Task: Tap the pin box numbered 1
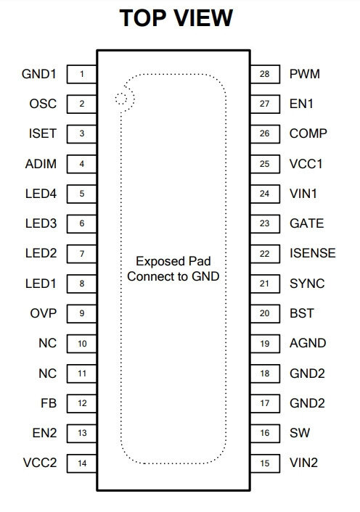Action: (82, 74)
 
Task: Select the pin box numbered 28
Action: (265, 74)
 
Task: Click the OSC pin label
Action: (43, 104)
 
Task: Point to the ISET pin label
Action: (43, 133)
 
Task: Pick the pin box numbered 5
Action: (82, 194)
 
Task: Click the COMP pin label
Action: (308, 133)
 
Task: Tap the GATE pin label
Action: (306, 223)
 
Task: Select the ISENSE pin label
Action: (312, 253)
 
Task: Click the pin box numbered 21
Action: (265, 284)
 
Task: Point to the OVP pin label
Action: (43, 313)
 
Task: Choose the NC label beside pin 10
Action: (47, 343)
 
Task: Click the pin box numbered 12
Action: (82, 403)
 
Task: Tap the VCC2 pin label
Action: (40, 463)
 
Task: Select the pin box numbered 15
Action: (265, 463)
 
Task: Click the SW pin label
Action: (300, 433)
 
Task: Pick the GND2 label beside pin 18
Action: (307, 373)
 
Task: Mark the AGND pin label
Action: (308, 343)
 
